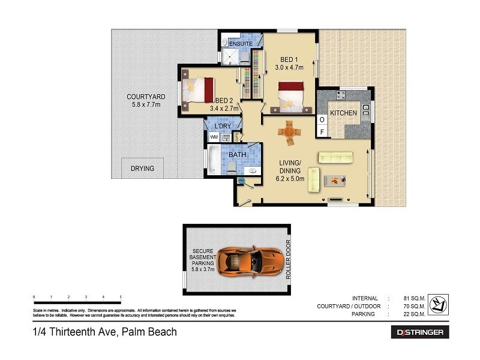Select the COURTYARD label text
point(146,97)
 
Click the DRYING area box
point(142,169)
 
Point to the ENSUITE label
point(241,44)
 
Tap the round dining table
point(290,131)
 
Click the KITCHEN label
point(343,113)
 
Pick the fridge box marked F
point(322,131)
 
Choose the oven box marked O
point(322,119)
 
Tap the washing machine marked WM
point(214,137)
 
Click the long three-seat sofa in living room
point(338,157)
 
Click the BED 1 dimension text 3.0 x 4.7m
point(289,68)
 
